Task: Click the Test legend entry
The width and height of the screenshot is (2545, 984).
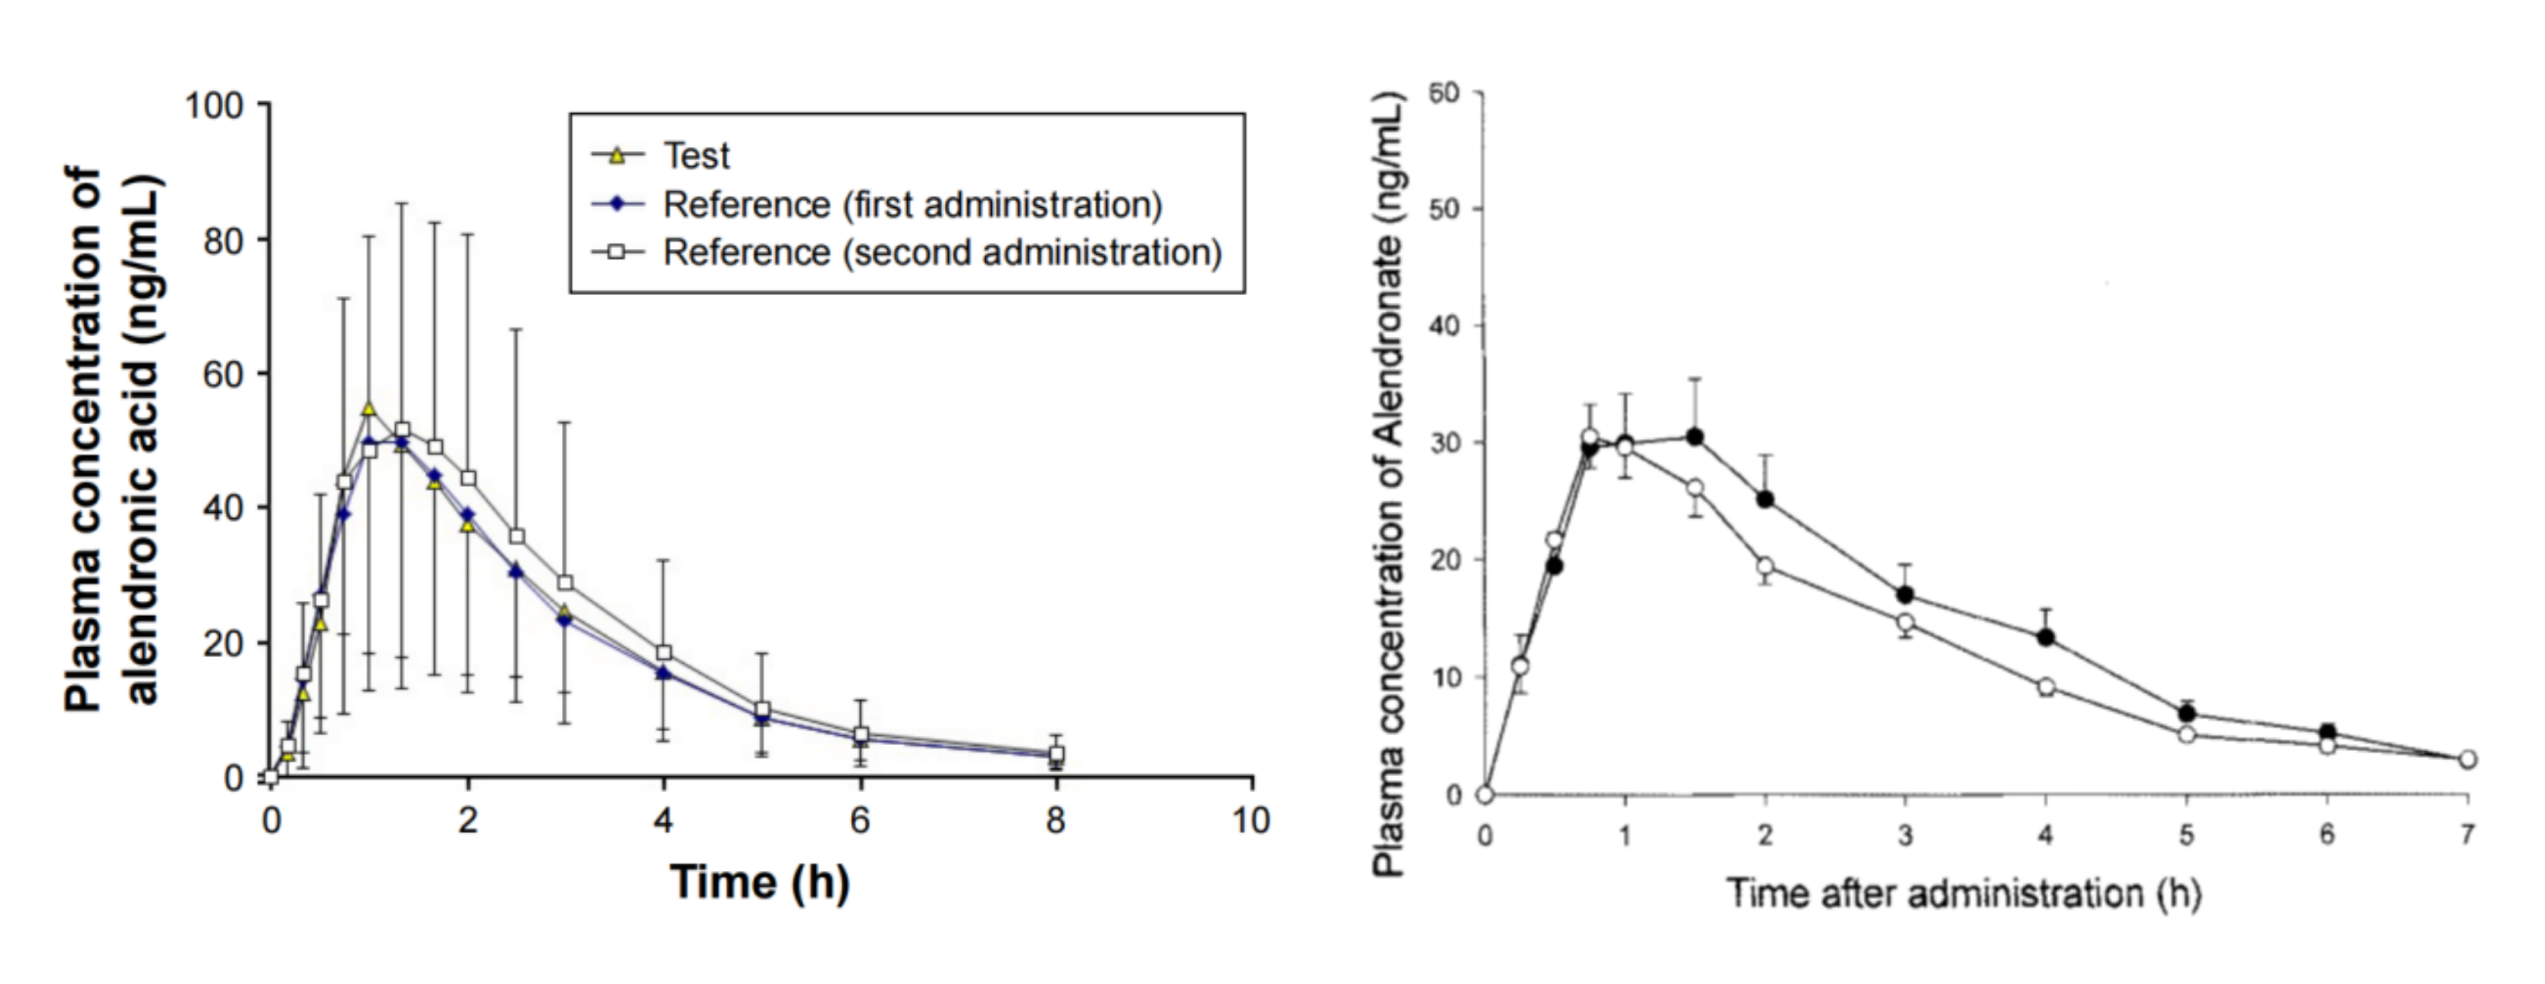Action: (x=695, y=156)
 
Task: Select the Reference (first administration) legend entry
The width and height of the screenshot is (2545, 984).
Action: (x=911, y=205)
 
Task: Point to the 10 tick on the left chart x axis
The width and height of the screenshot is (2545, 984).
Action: (x=1251, y=821)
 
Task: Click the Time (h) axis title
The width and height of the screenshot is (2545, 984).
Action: (x=760, y=882)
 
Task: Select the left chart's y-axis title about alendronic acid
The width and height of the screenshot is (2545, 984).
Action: (x=111, y=439)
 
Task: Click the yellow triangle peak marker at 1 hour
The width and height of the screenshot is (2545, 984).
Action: (x=369, y=409)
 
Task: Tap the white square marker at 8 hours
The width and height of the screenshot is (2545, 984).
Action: (x=1056, y=755)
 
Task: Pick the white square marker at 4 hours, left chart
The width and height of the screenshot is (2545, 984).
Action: (x=664, y=653)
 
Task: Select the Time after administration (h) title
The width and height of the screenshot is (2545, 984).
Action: (x=1964, y=894)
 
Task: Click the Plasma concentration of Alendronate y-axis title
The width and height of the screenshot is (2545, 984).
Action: (x=1389, y=484)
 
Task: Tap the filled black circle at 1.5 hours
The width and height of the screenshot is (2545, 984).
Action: (x=1694, y=437)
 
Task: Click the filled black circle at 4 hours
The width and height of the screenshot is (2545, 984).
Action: (x=2045, y=638)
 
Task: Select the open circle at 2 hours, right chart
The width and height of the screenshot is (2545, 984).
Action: (x=1765, y=566)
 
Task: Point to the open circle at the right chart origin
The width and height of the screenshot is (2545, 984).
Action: (x=1484, y=794)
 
